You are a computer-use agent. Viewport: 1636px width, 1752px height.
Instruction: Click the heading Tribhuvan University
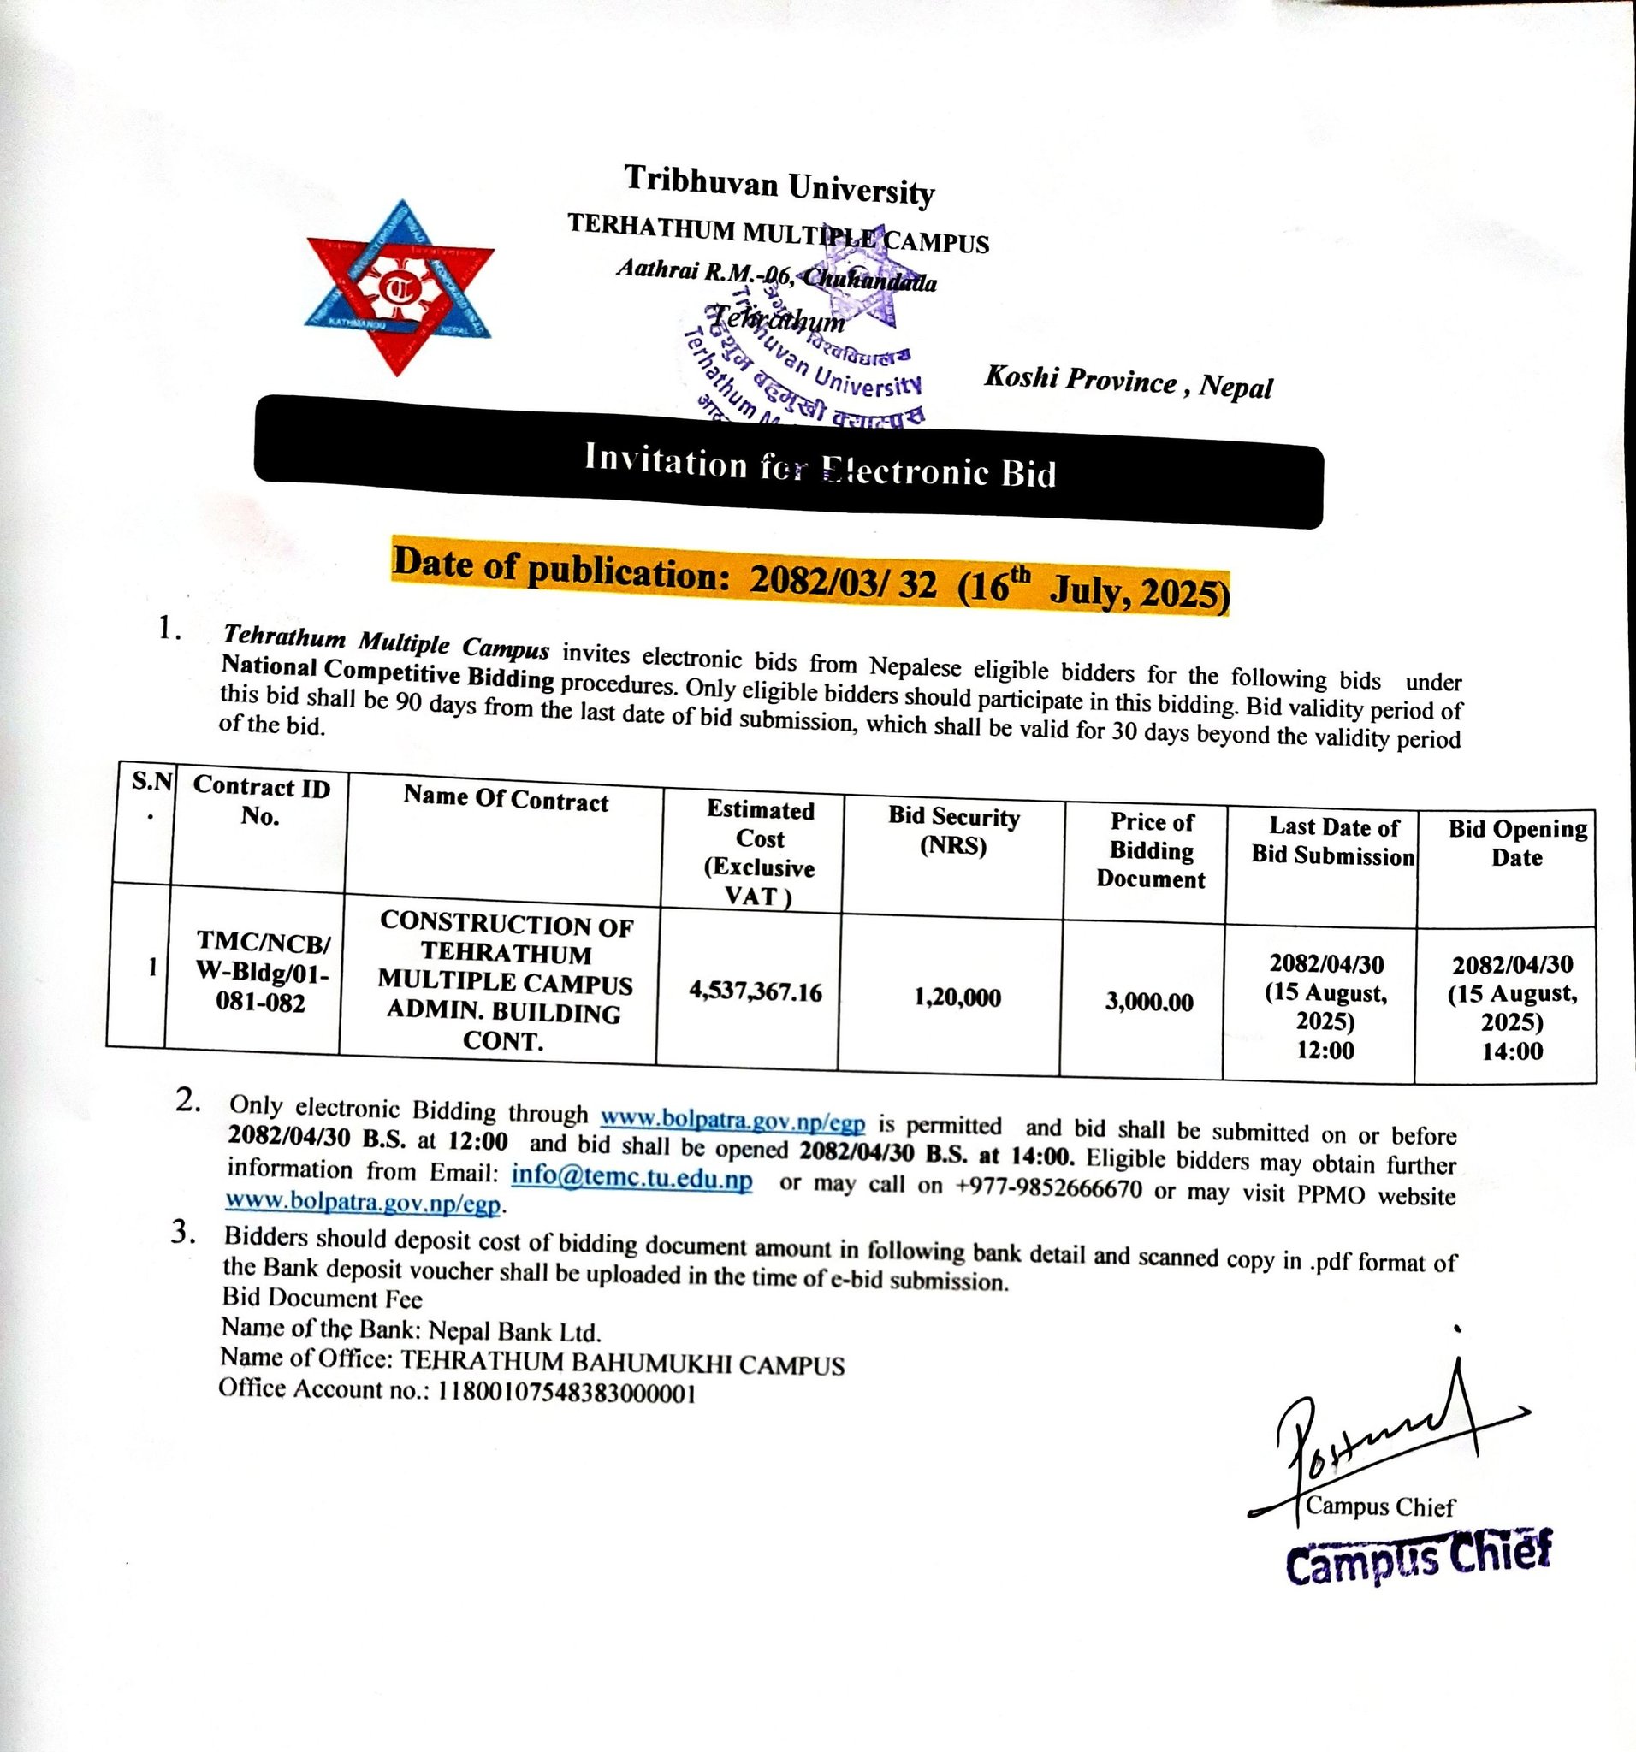[x=779, y=185]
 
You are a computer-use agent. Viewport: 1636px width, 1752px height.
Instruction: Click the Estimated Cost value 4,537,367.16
[x=756, y=992]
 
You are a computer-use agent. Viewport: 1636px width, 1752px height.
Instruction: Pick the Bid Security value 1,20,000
[x=957, y=997]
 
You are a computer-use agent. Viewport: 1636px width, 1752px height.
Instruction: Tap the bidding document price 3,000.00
[x=1149, y=1002]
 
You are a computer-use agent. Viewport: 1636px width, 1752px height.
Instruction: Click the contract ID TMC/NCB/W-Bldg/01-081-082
[x=262, y=973]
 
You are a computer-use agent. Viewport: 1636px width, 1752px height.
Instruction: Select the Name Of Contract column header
[x=506, y=800]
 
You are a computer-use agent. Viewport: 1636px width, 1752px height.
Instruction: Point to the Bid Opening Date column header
[x=1517, y=843]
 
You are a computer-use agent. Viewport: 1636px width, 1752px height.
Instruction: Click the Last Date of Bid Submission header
[x=1333, y=841]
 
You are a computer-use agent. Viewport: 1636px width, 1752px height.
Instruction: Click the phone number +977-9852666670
[x=1049, y=1187]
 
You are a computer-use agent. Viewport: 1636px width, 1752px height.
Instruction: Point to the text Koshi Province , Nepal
[x=1129, y=382]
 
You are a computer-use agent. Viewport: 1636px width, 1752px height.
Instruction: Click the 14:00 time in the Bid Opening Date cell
[x=1513, y=1051]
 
